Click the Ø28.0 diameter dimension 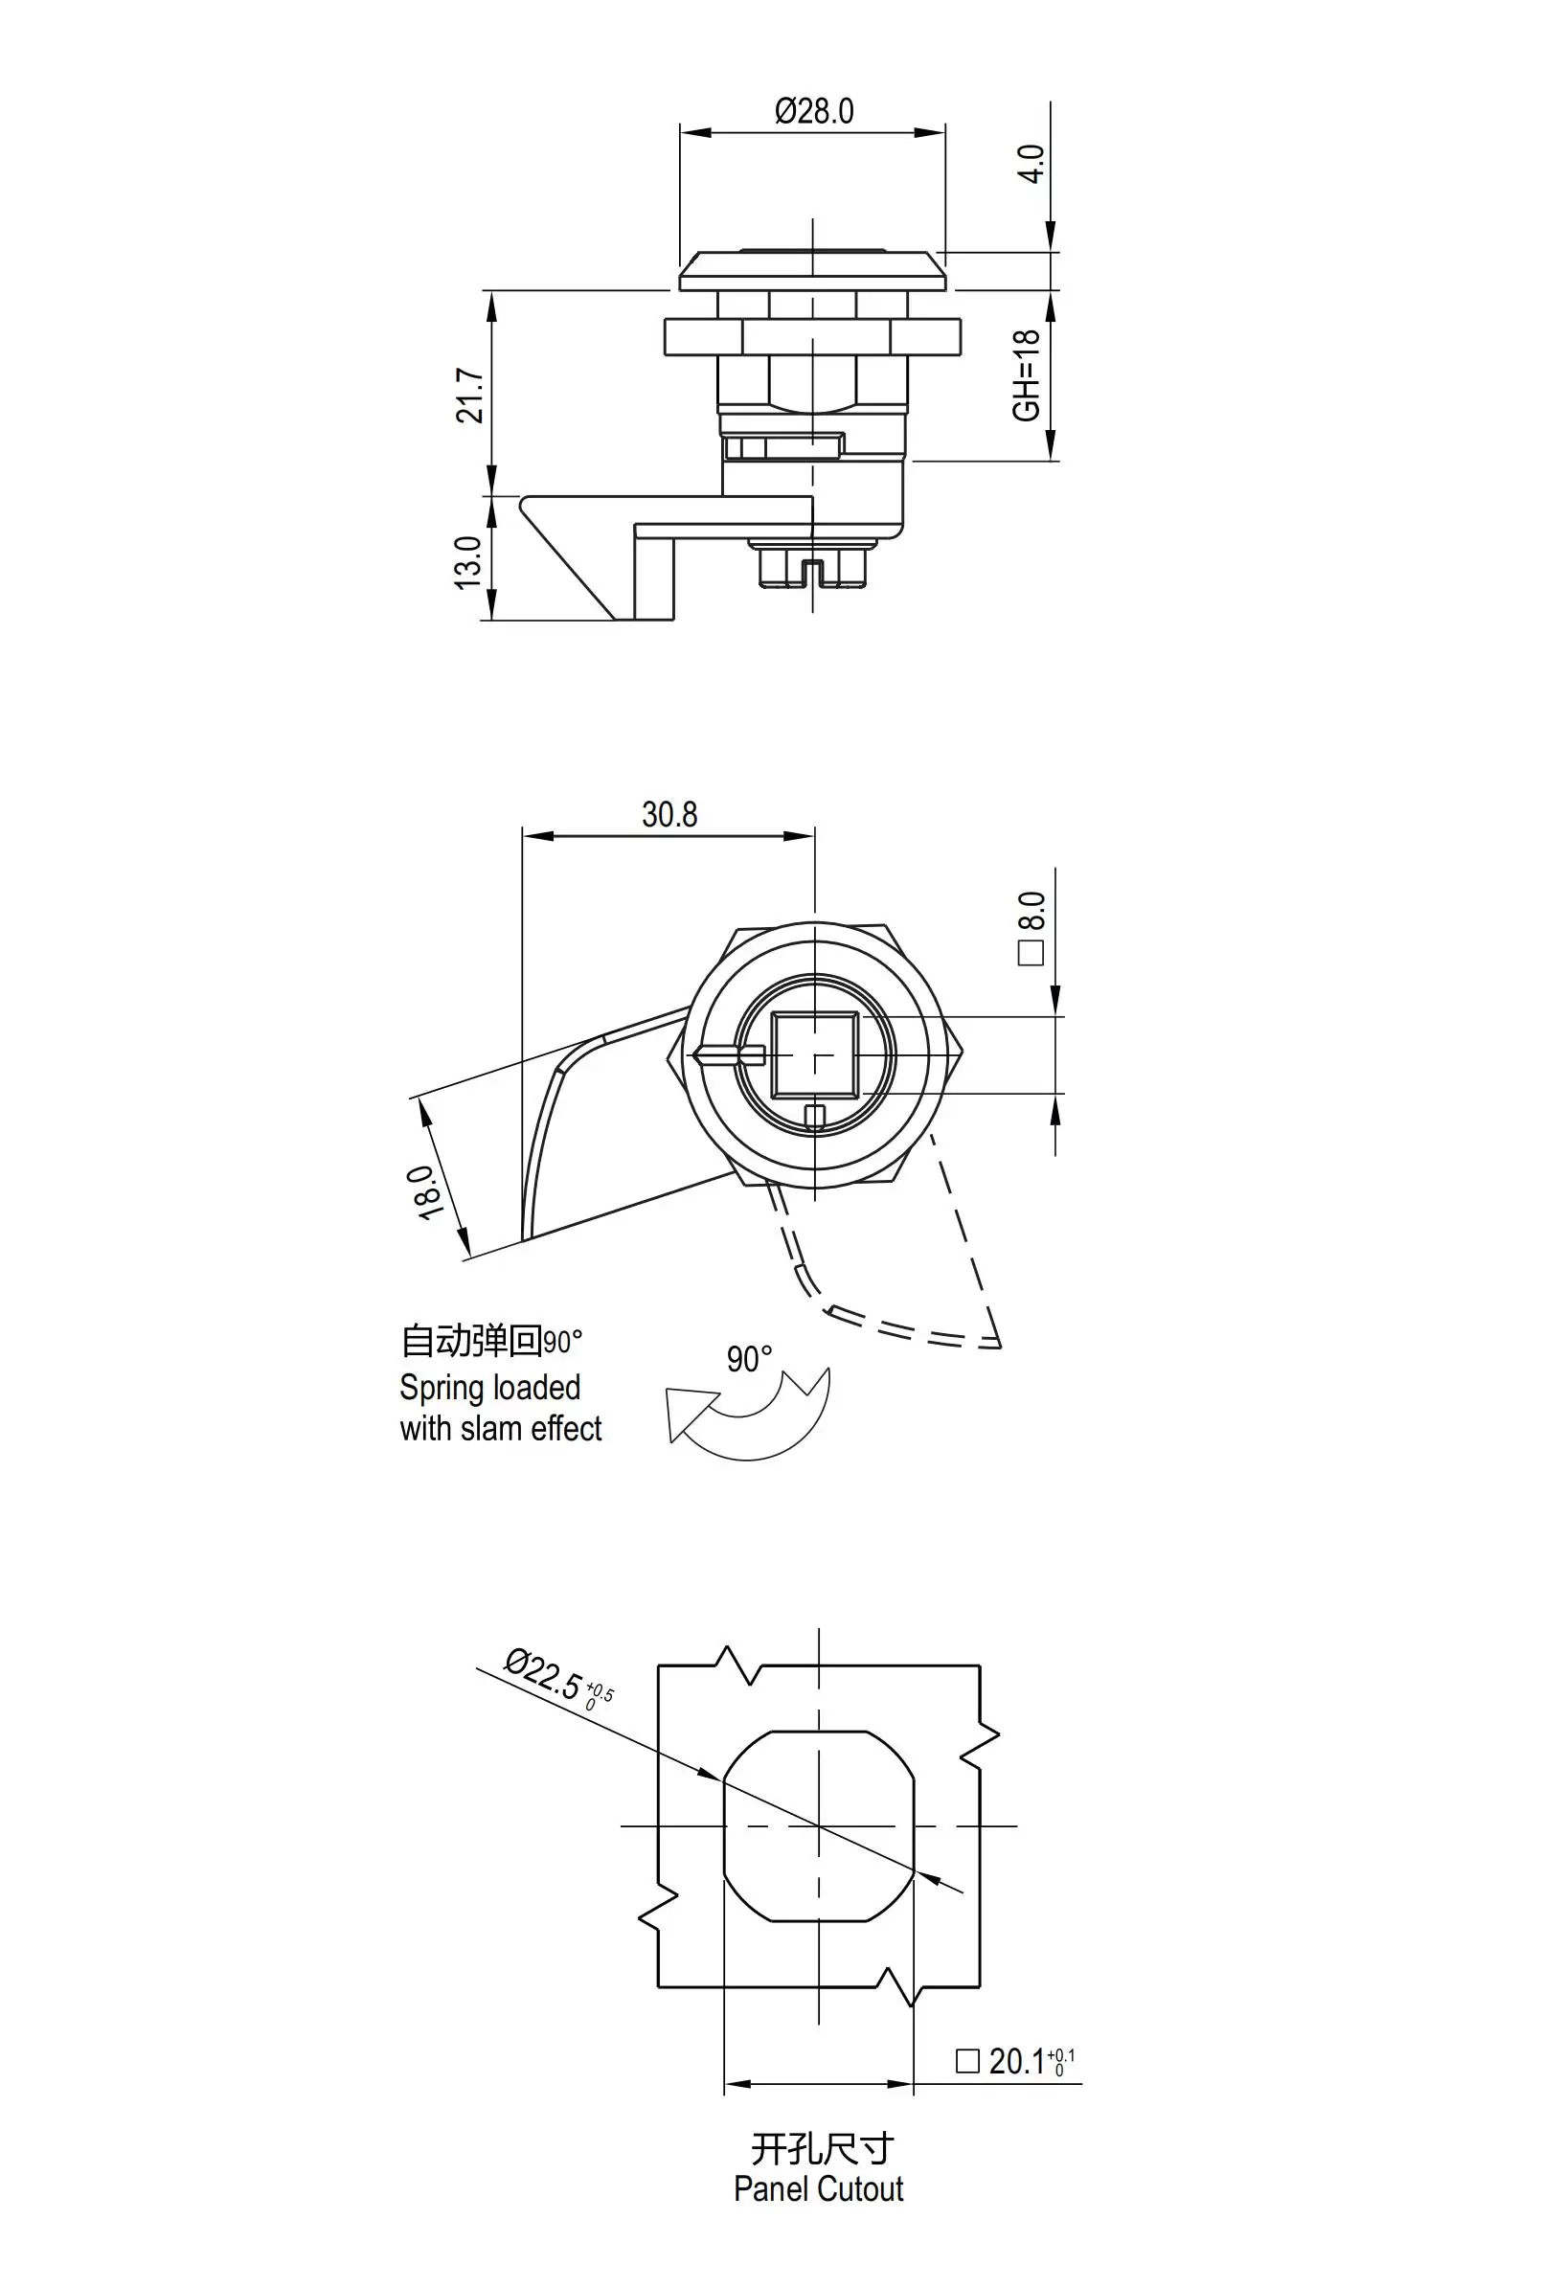[x=814, y=111]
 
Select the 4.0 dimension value [x=1031, y=164]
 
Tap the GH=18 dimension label [x=1027, y=375]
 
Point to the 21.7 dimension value [x=469, y=395]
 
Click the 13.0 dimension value [x=467, y=563]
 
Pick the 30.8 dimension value [x=669, y=814]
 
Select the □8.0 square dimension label [x=1031, y=928]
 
